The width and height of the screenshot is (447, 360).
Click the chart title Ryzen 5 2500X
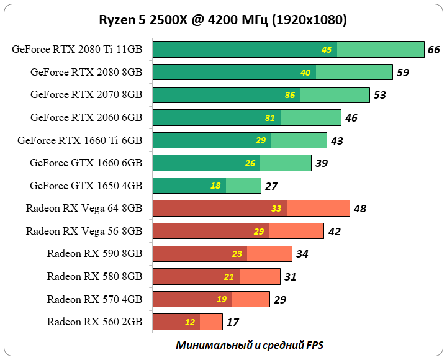223,20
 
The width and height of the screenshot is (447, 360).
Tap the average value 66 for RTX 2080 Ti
434,50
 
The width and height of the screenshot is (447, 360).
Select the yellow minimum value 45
327,50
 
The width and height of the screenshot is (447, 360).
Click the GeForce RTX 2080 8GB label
86,72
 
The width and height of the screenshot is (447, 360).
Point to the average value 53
380,95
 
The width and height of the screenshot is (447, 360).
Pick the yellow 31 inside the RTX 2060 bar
269,118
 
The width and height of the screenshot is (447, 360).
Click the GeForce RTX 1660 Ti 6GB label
80,140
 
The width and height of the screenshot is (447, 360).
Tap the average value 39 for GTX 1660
322,163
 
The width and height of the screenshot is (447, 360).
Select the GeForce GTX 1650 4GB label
86,186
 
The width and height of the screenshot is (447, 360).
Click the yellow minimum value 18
215,186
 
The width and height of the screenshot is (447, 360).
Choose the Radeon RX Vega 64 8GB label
84,209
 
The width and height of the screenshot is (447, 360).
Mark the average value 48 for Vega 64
360,209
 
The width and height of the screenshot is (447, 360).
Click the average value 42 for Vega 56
334,232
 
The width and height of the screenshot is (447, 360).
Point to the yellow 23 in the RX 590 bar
237,254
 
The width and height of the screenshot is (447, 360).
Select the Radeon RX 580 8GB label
94,276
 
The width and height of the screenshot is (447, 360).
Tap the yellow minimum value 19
222,299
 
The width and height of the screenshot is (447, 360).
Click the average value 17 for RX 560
233,322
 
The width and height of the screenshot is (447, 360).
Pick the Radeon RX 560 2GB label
94,322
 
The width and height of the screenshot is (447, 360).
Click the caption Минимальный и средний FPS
250,344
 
